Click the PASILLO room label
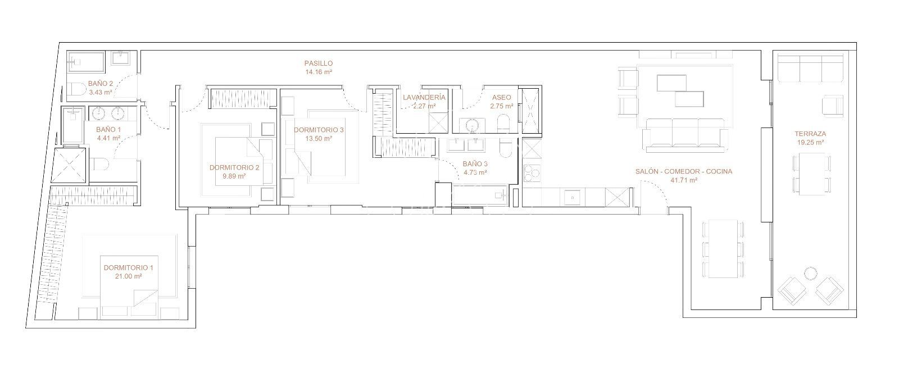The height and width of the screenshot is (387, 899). pos(318,63)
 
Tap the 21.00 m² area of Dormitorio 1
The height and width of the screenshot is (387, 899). pos(129,276)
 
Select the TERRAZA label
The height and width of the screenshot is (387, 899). pos(810,134)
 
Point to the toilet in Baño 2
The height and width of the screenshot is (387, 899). pos(76,89)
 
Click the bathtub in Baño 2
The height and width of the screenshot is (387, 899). pos(85,62)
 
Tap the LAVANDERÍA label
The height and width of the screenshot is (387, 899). pos(424,97)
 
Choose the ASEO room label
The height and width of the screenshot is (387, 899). pos(502,97)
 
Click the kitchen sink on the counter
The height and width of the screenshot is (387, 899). pos(572,197)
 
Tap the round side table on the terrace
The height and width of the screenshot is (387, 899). pos(811,274)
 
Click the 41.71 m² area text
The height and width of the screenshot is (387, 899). pos(683,180)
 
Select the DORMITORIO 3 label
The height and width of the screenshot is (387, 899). pos(319,130)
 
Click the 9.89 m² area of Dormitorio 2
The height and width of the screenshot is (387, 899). pos(234,176)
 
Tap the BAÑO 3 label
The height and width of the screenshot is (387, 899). pos(475,164)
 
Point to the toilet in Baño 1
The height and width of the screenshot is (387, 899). pos(99,164)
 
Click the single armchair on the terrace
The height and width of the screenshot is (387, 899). pos(832,106)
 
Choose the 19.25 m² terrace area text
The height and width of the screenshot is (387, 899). pos(810,143)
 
